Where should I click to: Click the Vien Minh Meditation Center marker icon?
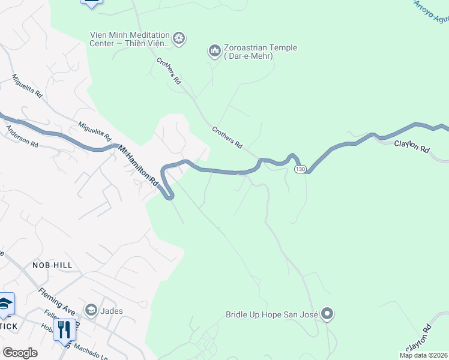[x=179, y=38]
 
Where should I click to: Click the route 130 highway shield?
[x=301, y=170]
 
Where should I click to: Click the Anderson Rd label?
[x=22, y=136]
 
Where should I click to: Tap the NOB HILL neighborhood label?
[x=52, y=265]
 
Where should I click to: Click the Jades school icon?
[x=91, y=310]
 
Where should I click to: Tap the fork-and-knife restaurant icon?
[x=64, y=329]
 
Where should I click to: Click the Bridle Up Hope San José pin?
[x=327, y=313]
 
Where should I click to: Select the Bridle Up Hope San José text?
[x=272, y=314]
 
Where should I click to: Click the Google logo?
[x=20, y=352]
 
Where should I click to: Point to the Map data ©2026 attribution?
[x=424, y=355]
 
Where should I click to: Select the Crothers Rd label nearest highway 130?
[x=227, y=137]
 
